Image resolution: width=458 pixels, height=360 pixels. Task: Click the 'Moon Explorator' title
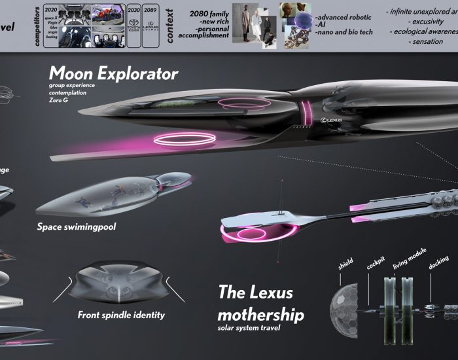click(113, 73)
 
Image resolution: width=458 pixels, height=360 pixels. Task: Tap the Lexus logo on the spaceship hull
click(332, 121)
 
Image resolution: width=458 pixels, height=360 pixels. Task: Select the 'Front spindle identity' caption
click(121, 315)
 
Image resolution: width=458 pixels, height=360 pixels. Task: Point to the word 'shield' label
click(345, 264)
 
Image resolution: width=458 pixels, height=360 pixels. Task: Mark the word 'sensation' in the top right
click(427, 41)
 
